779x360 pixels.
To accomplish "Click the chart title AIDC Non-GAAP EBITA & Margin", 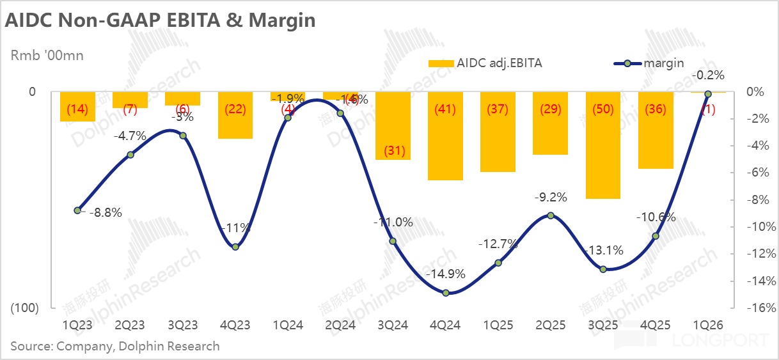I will point(160,20).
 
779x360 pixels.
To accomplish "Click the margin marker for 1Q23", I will point(77,210).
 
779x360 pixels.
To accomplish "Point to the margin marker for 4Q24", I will point(445,293).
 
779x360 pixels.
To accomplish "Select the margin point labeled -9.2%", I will point(550,216).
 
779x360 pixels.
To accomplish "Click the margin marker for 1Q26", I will point(707,94).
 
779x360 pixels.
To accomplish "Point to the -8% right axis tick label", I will point(757,200).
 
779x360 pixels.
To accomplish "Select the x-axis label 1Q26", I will point(707,325).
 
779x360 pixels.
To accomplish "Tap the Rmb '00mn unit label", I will point(47,56).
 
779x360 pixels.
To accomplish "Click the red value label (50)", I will point(602,109).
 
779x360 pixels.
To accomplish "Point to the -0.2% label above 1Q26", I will point(707,75).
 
